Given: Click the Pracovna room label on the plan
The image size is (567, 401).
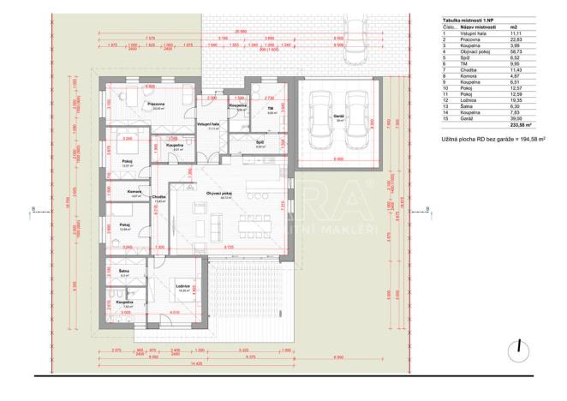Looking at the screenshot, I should coord(155,104).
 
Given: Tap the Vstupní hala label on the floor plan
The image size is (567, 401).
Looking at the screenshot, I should coord(208,124).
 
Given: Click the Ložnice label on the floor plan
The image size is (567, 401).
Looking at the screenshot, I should coord(182,285).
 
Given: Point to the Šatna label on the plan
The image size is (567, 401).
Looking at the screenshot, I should coord(124,270).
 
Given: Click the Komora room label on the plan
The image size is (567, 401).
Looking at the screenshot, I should coord(122,191).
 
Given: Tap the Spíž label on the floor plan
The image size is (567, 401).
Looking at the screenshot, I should coord(260,142).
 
